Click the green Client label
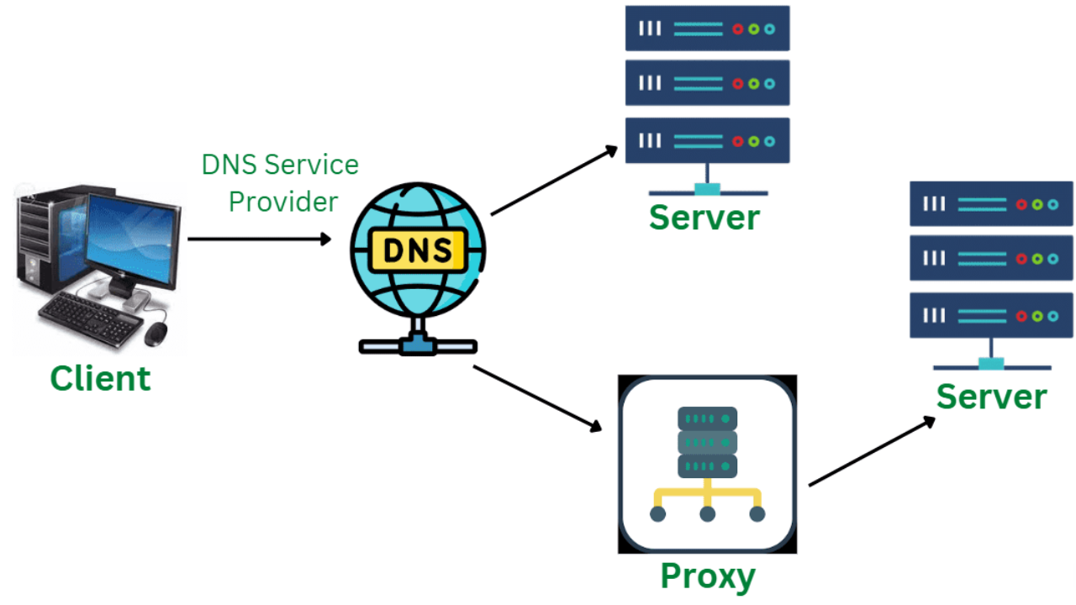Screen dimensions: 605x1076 pyautogui.click(x=100, y=378)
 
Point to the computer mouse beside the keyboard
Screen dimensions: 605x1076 pyautogui.click(x=156, y=334)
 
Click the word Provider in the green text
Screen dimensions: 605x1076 pyautogui.click(x=283, y=202)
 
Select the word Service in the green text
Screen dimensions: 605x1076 pyautogui.click(x=310, y=164)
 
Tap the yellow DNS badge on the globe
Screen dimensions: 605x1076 pyautogui.click(x=417, y=250)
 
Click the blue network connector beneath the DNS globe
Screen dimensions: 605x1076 pyautogui.click(x=417, y=345)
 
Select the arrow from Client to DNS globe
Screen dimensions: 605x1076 pyautogui.click(x=259, y=239)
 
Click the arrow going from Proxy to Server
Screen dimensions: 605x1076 pyautogui.click(x=872, y=450)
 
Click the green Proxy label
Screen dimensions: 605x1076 pyautogui.click(x=707, y=576)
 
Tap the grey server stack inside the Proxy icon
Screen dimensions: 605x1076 pyautogui.click(x=707, y=442)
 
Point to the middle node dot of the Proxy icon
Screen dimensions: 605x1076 pyautogui.click(x=707, y=513)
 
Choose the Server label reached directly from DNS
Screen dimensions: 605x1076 pyautogui.click(x=704, y=217)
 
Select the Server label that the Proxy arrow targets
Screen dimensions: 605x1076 pyautogui.click(x=992, y=396)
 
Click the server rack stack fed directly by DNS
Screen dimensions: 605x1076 pyautogui.click(x=707, y=84)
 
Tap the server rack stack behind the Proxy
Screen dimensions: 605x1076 pyautogui.click(x=991, y=260)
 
